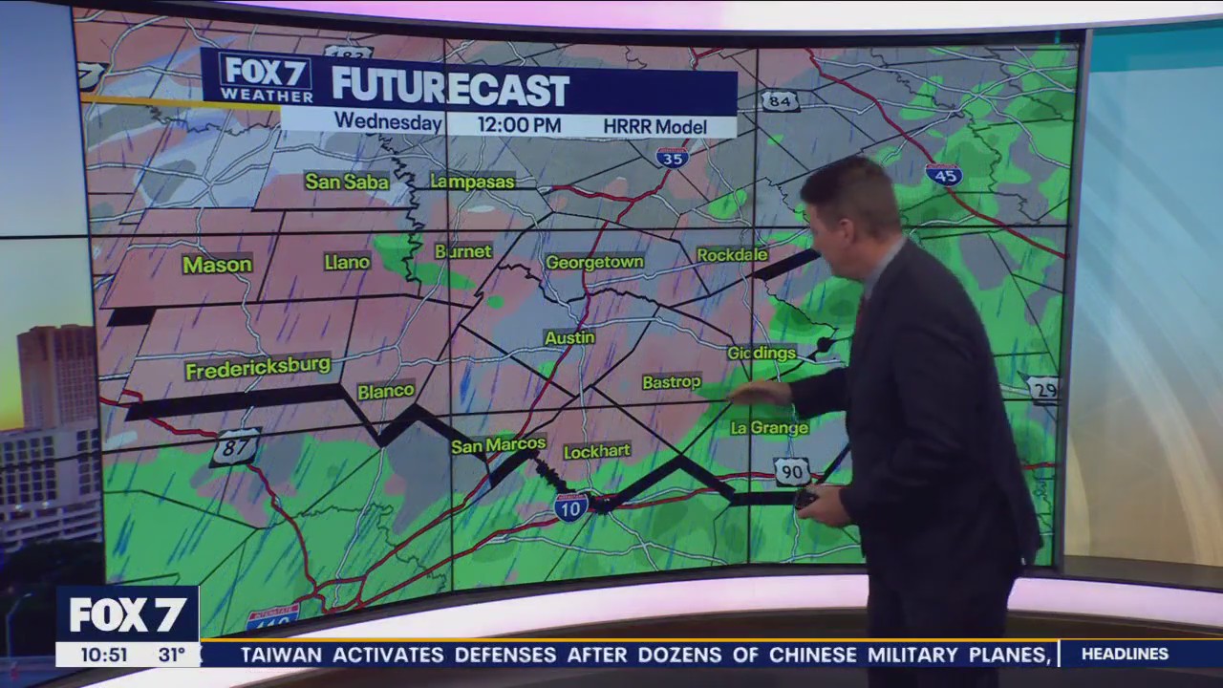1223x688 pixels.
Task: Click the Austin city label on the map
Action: click(569, 338)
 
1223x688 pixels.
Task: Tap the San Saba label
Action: click(347, 181)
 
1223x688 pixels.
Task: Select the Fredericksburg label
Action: click(258, 367)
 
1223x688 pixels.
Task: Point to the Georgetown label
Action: click(594, 262)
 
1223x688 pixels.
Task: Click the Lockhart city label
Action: click(597, 451)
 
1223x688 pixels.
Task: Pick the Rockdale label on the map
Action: click(732, 255)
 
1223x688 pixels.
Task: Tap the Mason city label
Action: click(217, 265)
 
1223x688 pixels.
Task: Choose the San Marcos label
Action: click(499, 445)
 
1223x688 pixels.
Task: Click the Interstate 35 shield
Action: click(673, 158)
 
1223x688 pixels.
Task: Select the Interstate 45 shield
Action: click(943, 175)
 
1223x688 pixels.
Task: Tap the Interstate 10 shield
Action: click(570, 507)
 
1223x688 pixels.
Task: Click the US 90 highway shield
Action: click(792, 471)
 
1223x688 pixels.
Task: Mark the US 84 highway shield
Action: click(780, 100)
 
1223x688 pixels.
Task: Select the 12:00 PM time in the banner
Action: click(520, 125)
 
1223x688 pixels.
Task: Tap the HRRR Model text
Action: click(654, 126)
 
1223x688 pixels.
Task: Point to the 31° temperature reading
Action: click(171, 656)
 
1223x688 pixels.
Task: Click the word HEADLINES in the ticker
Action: click(1125, 655)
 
